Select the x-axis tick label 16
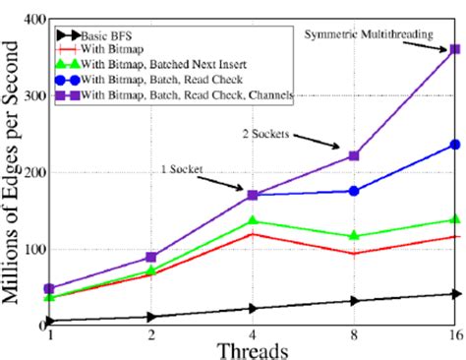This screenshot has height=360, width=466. (x=454, y=335)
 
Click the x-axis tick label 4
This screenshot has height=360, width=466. (x=253, y=335)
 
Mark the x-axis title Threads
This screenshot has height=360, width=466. (x=254, y=349)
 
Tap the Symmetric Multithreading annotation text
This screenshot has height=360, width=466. (x=368, y=35)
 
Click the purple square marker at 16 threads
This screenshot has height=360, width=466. (x=454, y=49)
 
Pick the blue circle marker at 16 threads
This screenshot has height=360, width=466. (x=454, y=145)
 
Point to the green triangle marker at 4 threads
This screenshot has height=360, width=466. (x=253, y=220)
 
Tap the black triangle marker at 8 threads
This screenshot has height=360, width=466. (x=354, y=301)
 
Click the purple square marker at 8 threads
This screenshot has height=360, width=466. (x=354, y=155)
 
